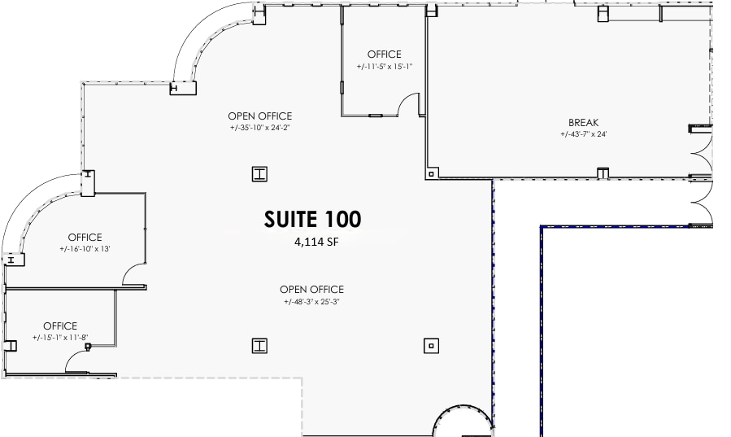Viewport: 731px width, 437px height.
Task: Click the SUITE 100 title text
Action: tap(312, 219)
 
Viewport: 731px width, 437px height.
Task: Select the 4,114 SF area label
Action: tap(315, 242)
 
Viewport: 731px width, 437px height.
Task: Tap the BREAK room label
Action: tap(583, 123)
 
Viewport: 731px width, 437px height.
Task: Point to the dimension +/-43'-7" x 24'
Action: tap(583, 134)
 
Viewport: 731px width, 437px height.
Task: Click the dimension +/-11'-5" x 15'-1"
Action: tap(385, 67)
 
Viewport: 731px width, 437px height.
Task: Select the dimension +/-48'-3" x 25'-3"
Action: tap(311, 302)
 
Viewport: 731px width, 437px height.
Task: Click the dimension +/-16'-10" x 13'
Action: tap(84, 249)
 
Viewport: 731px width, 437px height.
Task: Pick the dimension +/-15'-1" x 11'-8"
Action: tap(60, 338)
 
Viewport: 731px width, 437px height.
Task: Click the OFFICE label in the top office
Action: tap(385, 55)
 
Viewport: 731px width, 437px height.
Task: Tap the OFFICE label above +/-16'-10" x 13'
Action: tap(84, 238)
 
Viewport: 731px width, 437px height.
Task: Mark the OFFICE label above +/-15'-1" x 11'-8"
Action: tap(60, 326)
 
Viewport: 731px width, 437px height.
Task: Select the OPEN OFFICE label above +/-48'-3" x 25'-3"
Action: tap(311, 290)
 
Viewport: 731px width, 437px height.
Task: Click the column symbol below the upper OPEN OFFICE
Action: tap(259, 173)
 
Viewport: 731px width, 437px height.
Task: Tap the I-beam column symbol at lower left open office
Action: tap(259, 346)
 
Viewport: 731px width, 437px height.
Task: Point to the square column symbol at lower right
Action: tap(431, 346)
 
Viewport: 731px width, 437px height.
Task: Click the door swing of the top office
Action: tap(410, 104)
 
